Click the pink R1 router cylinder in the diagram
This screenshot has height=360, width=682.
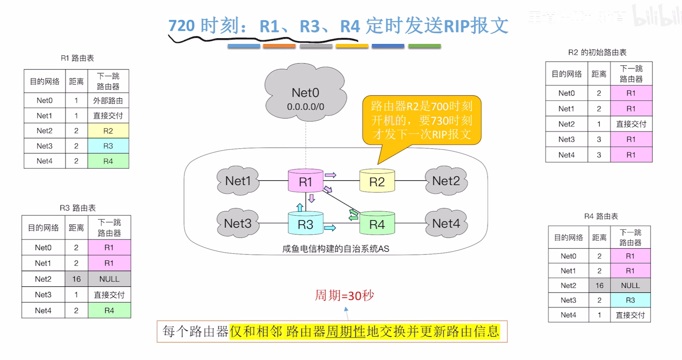pos(306,181)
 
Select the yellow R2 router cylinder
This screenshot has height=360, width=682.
pos(377,181)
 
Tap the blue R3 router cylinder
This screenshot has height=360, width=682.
pos(306,224)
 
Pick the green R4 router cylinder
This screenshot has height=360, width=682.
pos(377,224)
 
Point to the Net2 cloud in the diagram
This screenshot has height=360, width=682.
pos(446,181)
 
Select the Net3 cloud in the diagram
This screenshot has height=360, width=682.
pos(238,224)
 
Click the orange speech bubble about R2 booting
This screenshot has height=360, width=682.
pos(421,120)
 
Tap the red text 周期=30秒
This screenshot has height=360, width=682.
pos(344,295)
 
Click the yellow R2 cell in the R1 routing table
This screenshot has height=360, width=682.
pos(108,131)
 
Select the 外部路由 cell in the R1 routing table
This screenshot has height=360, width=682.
pos(108,101)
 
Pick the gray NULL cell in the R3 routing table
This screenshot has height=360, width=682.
pos(109,279)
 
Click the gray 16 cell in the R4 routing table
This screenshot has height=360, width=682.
pos(599,285)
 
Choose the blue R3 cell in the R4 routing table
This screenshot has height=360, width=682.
pos(630,300)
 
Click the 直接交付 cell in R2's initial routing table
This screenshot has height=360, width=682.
pos(631,124)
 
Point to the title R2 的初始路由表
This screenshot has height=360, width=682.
pos(597,52)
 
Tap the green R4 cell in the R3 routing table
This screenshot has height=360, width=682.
pos(109,311)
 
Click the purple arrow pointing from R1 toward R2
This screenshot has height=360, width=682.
pos(330,175)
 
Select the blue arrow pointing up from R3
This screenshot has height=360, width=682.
pos(300,207)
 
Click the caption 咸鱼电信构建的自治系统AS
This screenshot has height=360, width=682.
pos(335,249)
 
